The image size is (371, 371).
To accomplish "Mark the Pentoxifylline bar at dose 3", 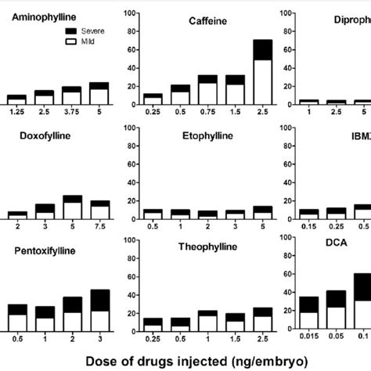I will click(99, 312).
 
